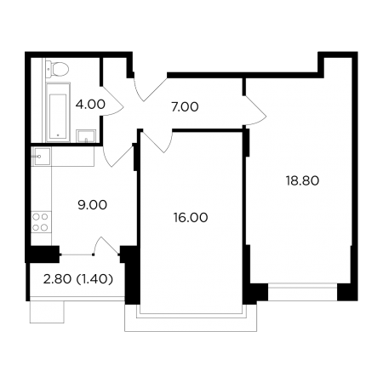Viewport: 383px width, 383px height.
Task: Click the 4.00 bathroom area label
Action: tap(90, 105)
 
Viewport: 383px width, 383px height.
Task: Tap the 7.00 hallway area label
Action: tap(185, 107)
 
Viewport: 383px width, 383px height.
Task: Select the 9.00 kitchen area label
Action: tap(93, 205)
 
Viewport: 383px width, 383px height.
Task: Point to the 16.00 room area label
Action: tap(191, 218)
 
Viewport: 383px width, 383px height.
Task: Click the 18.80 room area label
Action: tap(302, 180)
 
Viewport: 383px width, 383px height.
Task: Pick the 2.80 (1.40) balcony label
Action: tap(78, 279)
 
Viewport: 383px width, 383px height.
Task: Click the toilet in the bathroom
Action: tap(57, 69)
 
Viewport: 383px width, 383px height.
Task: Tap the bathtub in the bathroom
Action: tap(58, 112)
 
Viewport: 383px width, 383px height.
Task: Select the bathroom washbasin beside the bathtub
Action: tap(86, 136)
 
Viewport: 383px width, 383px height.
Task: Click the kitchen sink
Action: tap(42, 157)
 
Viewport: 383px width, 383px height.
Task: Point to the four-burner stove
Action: tap(40, 222)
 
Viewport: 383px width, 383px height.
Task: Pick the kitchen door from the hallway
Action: tap(117, 156)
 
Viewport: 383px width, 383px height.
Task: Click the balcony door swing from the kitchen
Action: tap(106, 245)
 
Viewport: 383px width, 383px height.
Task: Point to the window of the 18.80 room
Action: tap(302, 291)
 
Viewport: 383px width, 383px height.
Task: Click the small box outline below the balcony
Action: tap(47, 312)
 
